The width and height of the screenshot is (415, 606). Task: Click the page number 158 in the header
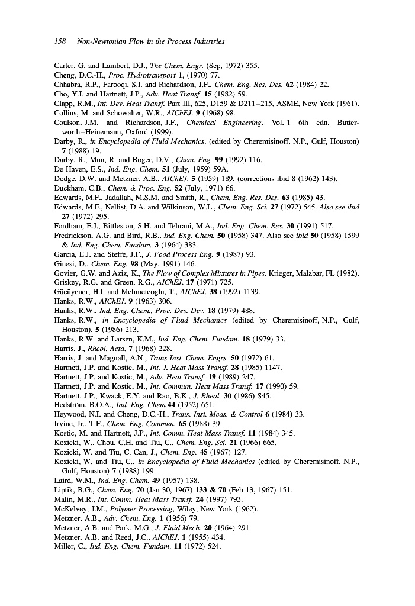pyautogui.click(x=60, y=41)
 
